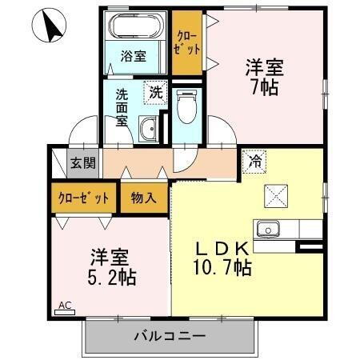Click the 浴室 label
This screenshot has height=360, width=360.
point(134,56)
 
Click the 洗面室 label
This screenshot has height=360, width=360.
point(122,106)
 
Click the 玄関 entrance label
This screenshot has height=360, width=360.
point(82,163)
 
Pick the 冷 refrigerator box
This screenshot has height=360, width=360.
point(254,160)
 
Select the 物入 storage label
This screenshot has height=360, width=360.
point(144,196)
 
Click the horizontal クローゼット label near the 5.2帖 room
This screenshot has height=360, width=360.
point(83,196)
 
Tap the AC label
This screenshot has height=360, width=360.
point(65,305)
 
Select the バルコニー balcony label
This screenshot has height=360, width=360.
point(170,336)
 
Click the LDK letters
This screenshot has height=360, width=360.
point(223,246)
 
